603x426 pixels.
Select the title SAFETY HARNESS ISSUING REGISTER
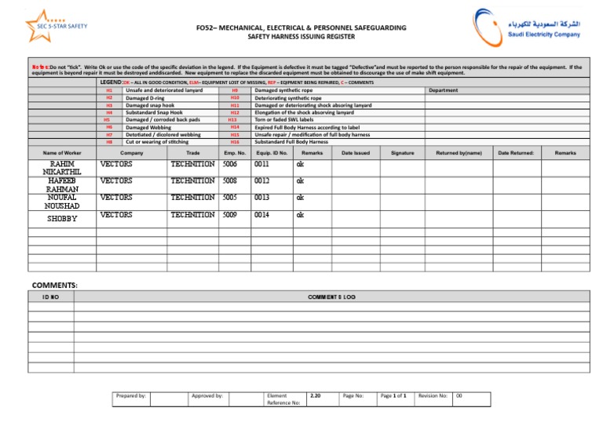click(x=301, y=37)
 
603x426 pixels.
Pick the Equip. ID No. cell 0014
click(x=263, y=214)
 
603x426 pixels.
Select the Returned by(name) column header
click(x=459, y=153)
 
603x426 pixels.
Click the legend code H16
click(x=234, y=142)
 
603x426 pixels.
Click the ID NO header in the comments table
click(x=50, y=297)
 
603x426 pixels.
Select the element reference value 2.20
click(x=315, y=396)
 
